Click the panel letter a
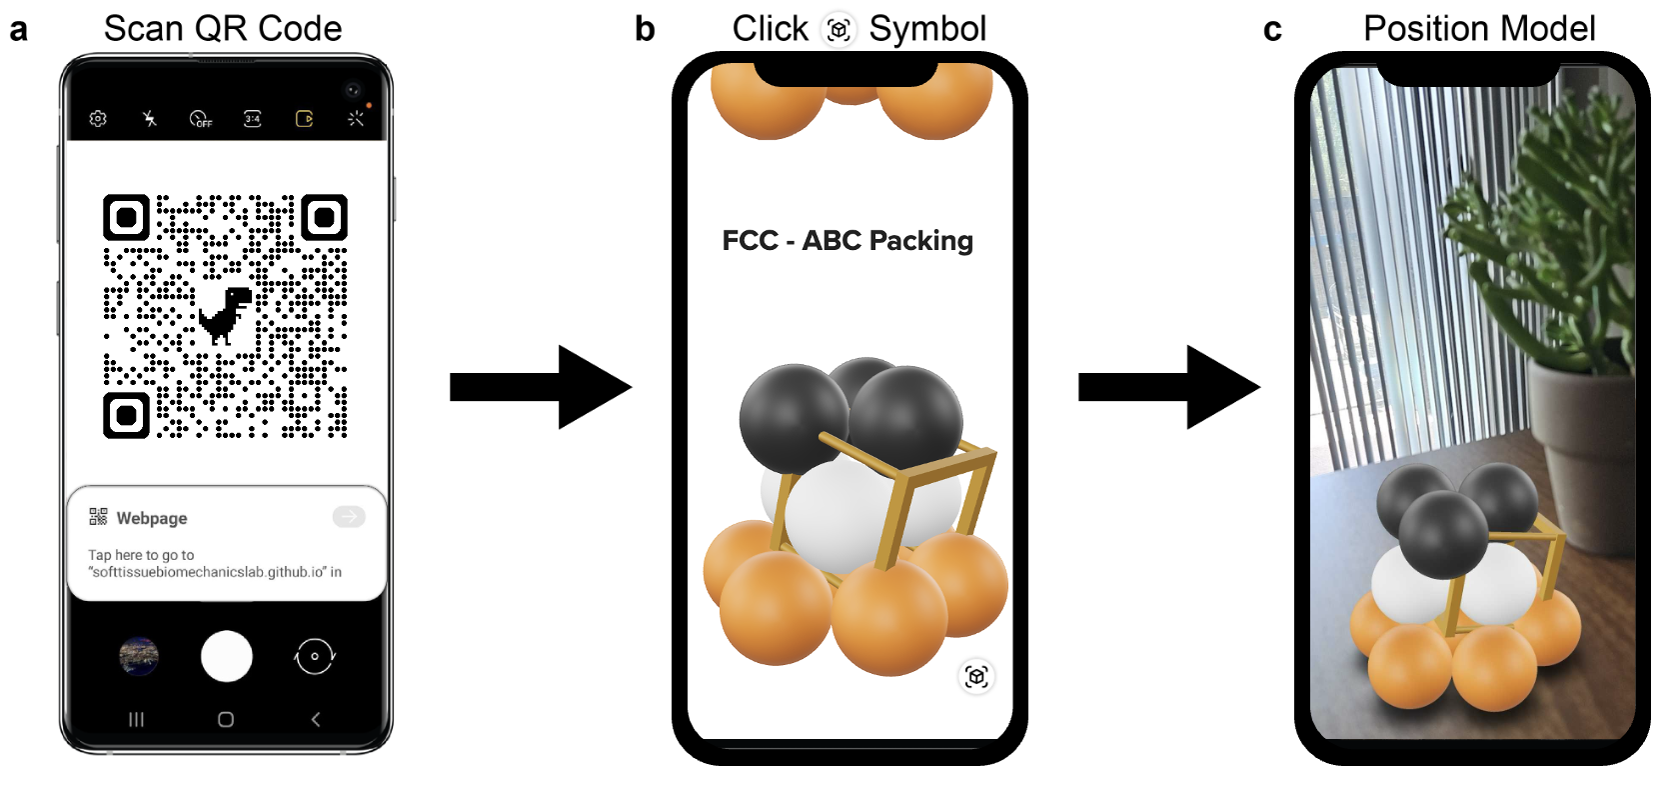18,30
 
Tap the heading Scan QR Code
223,29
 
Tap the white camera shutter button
227,656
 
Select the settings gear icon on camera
98,119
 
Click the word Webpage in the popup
152,518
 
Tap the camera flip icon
315,656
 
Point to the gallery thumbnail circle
139,657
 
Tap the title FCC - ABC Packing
847,241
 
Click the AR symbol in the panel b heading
838,30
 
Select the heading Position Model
1479,29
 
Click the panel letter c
1272,31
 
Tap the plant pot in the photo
1589,430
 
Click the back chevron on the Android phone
316,719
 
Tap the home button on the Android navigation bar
226,719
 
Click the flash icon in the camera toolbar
150,119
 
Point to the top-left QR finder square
127,217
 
